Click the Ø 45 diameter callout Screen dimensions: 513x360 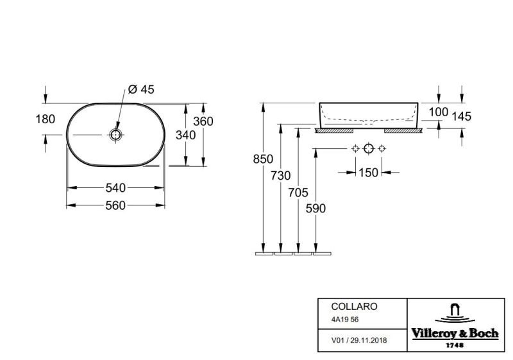click(141, 89)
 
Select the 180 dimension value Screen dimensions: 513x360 click(45, 119)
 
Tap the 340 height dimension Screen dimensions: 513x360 click(185, 135)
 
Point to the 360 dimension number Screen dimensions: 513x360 click(203, 121)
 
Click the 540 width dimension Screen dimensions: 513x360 click(115, 188)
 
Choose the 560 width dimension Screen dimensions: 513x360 click(115, 205)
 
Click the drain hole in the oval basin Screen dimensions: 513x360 click(116, 135)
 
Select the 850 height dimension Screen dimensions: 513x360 click(263, 159)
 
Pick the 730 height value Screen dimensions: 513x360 click(281, 176)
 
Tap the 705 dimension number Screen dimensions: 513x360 click(298, 193)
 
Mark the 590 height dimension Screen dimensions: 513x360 click(315, 209)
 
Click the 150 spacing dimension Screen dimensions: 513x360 click(368, 173)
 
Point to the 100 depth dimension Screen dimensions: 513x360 click(439, 112)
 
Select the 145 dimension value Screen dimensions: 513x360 click(462, 116)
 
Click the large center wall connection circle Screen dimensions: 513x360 click(369, 149)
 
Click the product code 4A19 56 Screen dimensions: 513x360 click(345, 320)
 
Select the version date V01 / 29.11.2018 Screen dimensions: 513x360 click(359, 340)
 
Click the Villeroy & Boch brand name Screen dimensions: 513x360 click(455, 334)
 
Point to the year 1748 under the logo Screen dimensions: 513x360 click(455, 345)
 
